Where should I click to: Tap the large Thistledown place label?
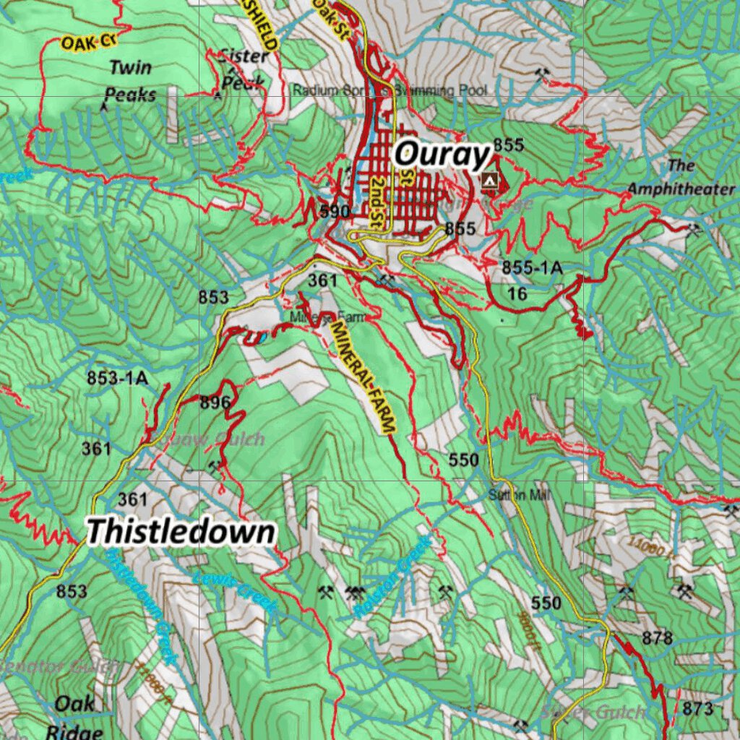181,532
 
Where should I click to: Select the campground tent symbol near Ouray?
490,179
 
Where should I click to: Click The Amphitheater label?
681,177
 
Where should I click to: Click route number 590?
335,212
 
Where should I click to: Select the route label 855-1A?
532,268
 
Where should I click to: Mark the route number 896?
215,403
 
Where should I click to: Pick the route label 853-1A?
117,377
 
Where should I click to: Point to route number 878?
657,638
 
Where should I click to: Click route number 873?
697,708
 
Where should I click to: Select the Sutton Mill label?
519,496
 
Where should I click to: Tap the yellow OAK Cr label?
88,42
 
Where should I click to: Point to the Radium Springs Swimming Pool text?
390,91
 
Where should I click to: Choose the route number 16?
517,293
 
